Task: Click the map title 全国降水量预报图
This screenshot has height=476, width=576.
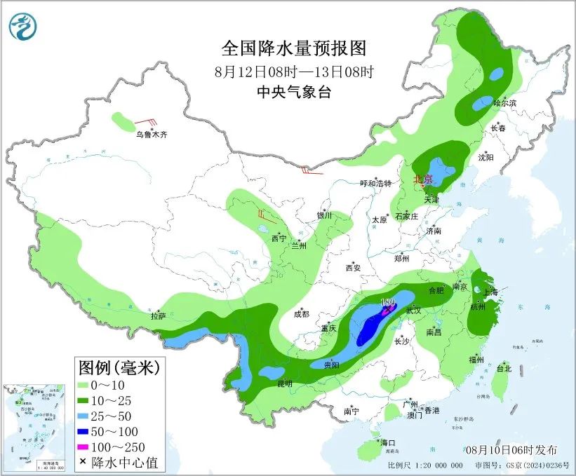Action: pos(294,48)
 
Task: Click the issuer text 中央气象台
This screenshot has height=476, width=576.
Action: pos(294,92)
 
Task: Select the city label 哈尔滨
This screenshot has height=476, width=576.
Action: pos(504,103)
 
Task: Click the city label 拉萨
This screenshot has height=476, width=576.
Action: pos(158,316)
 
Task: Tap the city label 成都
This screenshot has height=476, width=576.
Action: pos(302,315)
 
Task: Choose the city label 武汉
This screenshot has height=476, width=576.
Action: pos(413,310)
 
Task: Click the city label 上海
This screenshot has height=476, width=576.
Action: pos(492,292)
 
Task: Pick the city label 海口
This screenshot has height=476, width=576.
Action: pos(388,443)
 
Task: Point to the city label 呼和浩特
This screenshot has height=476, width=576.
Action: pos(375,183)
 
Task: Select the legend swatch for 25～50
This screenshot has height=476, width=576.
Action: pos(87,416)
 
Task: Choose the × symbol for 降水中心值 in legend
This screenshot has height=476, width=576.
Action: pos(83,462)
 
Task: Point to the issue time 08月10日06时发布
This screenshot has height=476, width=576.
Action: pos(510,449)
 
